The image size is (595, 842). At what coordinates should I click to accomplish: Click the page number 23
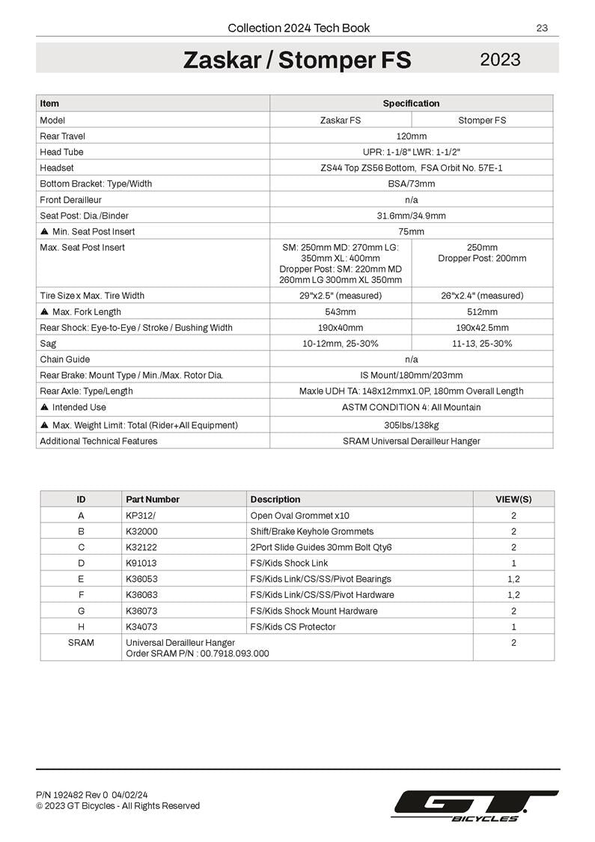coord(542,28)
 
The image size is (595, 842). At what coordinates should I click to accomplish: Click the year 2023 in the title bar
coord(500,59)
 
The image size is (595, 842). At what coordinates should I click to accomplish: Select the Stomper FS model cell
coord(482,120)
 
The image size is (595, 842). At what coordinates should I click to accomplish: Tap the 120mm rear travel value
coord(411,136)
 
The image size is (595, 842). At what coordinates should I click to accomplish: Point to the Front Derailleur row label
coord(70,200)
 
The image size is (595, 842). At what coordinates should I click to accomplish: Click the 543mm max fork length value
coord(340,311)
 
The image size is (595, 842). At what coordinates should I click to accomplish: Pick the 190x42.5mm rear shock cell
coord(482,328)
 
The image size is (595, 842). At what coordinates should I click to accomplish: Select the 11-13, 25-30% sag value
coord(482,344)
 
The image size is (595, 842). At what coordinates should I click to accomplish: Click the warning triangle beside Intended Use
coord(45,407)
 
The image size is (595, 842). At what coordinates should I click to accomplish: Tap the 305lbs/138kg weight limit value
coord(411,425)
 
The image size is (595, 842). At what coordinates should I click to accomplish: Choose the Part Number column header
coord(153,499)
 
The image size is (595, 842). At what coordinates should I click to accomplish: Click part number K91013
coord(141,563)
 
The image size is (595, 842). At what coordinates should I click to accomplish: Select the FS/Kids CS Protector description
coord(293,626)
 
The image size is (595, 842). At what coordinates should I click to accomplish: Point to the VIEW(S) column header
coord(513,499)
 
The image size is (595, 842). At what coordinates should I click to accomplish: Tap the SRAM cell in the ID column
coord(81,643)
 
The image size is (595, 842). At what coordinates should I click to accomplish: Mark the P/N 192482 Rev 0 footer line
coord(91,794)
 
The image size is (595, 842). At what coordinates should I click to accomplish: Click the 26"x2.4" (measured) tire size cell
coord(482,296)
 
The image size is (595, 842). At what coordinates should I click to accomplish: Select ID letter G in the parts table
coord(81,611)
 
